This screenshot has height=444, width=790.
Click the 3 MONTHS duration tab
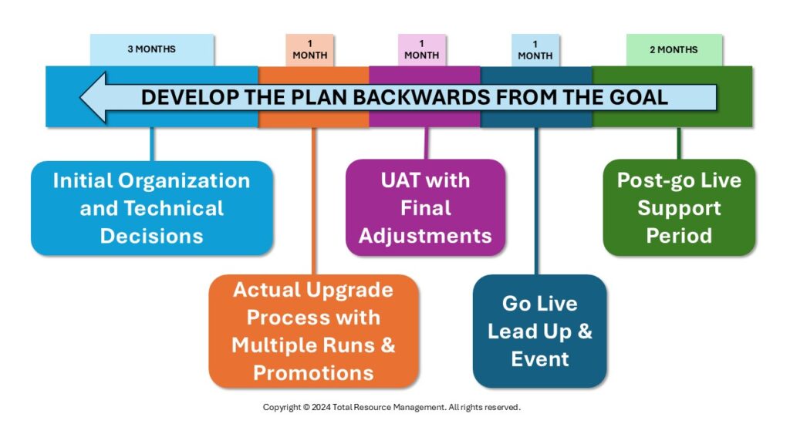152,49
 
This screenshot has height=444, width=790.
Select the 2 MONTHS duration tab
674,49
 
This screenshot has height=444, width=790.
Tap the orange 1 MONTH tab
310,49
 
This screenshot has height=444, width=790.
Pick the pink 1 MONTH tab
421,49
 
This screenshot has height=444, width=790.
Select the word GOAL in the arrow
636,98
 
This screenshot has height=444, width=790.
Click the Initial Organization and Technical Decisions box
152,207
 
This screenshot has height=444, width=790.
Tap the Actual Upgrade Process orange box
313,331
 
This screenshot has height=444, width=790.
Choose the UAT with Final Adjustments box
425,207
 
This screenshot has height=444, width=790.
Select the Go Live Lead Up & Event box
539,331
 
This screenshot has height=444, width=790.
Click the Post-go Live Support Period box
679,207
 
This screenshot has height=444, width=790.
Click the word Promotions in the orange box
313,373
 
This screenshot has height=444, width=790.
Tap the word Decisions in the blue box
152,235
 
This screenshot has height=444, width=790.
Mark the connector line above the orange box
313,200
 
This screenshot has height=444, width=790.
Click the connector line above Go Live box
536,200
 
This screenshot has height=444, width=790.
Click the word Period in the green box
679,235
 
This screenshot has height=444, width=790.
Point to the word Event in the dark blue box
539,358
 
